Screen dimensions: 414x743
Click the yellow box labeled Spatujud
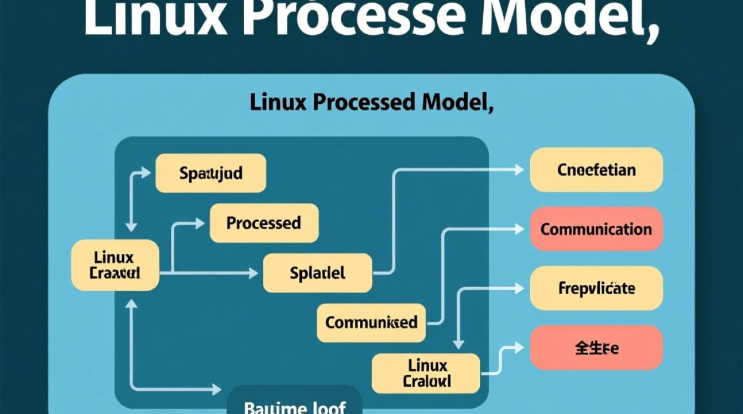click(x=211, y=173)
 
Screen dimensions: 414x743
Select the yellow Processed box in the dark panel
click(x=264, y=223)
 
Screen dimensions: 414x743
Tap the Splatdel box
click(x=317, y=273)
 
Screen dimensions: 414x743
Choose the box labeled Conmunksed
click(x=371, y=322)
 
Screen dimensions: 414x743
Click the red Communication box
click(x=596, y=229)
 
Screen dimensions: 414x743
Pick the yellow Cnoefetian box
click(x=596, y=169)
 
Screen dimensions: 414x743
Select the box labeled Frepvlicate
click(x=596, y=288)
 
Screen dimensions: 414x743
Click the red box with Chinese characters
click(x=596, y=348)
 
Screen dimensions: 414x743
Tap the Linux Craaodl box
click(x=115, y=265)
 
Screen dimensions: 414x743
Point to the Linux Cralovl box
click(x=426, y=373)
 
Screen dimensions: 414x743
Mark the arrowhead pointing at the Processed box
click(x=200, y=223)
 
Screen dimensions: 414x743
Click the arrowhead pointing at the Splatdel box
click(x=253, y=273)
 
